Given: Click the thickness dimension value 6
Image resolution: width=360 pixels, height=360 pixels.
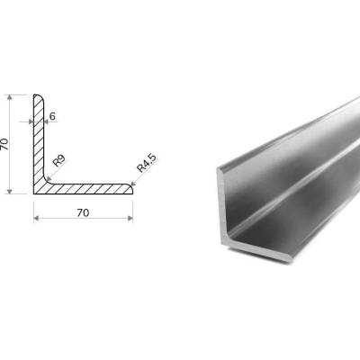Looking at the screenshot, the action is [52, 116].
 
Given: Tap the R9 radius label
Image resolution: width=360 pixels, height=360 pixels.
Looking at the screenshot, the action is [59, 161].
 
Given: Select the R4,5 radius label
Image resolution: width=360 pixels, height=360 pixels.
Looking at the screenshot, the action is [147, 164].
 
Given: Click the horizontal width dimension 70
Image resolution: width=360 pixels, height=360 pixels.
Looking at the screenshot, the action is [83, 212].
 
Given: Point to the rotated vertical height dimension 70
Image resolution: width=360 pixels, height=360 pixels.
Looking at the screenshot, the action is [4, 144].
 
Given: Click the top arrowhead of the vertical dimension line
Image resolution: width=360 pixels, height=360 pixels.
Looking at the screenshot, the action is [10, 97].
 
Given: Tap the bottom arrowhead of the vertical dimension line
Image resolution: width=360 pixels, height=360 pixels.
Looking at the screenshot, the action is [10, 192].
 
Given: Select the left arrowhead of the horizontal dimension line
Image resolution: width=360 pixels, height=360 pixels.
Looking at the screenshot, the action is [36, 218].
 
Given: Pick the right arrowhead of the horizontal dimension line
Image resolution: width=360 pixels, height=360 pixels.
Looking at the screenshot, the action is [130, 218].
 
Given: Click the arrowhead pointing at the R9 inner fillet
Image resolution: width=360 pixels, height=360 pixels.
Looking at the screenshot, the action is [48, 179].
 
